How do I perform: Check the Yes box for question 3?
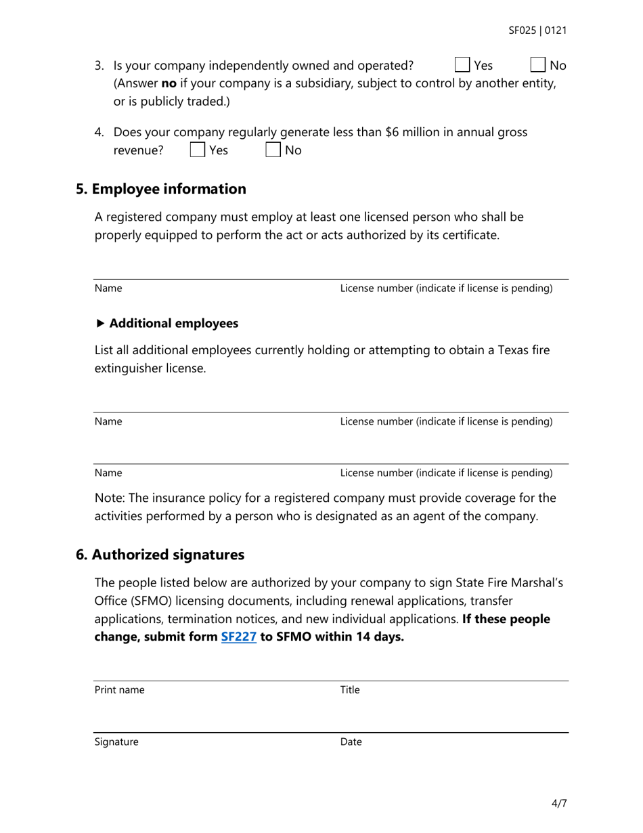(462, 65)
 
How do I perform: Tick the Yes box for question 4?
(198, 150)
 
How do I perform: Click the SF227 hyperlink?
(238, 637)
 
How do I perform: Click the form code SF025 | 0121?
(537, 30)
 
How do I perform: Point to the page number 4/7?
(559, 804)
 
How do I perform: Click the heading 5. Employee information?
(161, 189)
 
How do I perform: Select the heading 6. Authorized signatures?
(160, 555)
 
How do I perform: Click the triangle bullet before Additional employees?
(101, 324)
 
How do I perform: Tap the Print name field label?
(119, 690)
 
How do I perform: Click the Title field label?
(350, 690)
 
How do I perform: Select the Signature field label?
(116, 742)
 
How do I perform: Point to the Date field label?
(351, 742)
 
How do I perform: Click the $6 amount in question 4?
(392, 132)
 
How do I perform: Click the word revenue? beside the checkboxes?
(138, 150)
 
